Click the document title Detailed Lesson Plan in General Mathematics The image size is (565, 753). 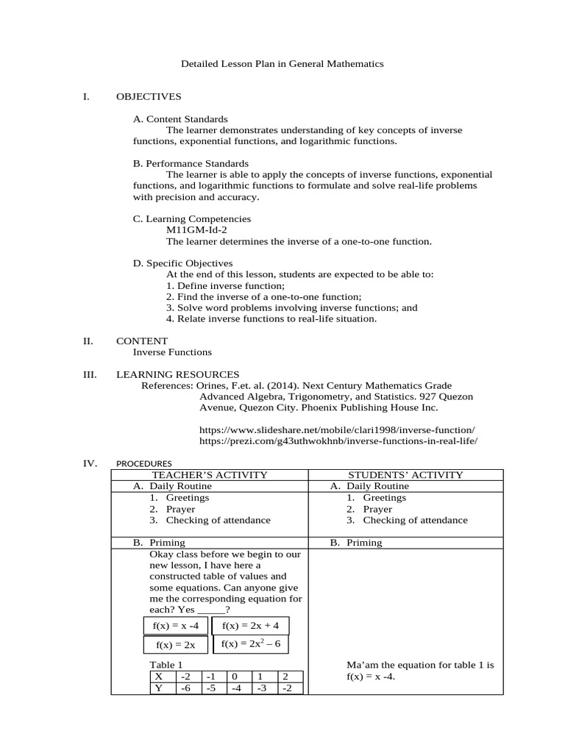pos(282,64)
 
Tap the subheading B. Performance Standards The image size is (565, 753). pos(191,163)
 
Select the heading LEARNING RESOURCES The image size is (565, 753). pos(177,374)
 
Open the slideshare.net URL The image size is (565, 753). pos(337,429)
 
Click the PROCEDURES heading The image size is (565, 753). pos(144,464)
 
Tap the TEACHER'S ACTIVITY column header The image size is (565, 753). pos(209,475)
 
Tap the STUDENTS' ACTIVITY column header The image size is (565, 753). pos(405,475)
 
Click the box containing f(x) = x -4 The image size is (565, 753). pos(175,626)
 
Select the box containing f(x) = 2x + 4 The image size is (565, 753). pos(250,625)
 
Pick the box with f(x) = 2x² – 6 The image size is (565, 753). pos(250,644)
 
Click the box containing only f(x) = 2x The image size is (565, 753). pos(175,645)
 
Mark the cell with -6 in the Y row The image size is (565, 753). pos(187,688)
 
